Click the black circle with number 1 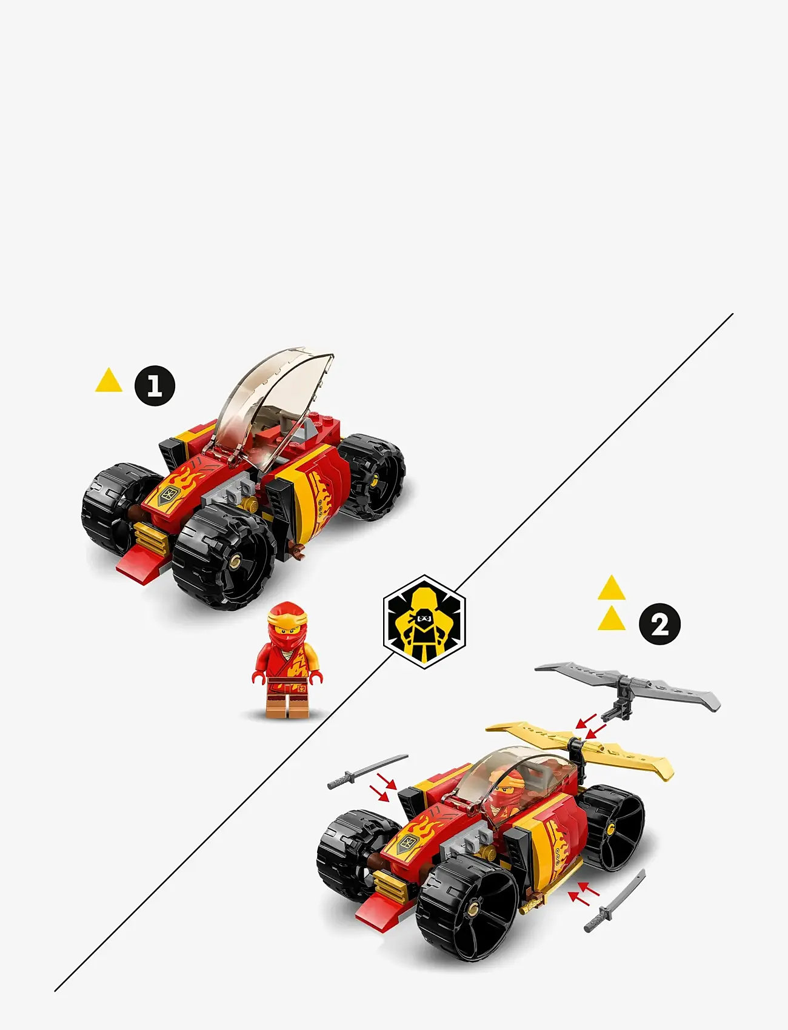[155, 385]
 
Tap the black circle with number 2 [659, 624]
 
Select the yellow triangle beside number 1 [109, 380]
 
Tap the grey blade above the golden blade [630, 685]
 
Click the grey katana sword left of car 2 [367, 771]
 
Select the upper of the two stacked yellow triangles [611, 588]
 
